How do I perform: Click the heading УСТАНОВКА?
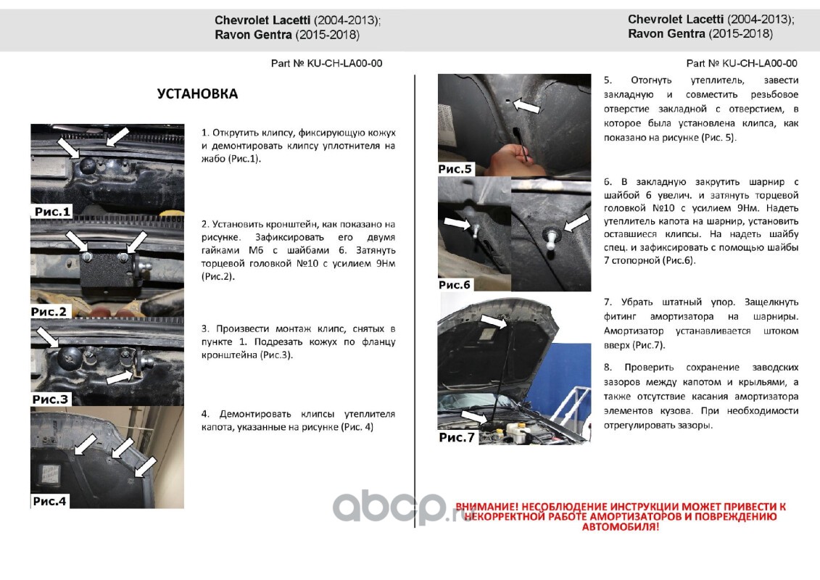197,94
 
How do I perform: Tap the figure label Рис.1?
51,212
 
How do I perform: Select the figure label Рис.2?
49,312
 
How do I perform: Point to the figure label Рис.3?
50,399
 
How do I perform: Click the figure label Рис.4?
50,501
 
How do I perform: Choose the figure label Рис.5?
455,169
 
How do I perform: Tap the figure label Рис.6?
455,285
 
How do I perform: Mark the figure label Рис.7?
457,437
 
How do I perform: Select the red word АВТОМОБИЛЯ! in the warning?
621,526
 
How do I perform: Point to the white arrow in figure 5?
526,105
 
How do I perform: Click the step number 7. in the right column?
608,302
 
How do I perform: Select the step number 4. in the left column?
205,414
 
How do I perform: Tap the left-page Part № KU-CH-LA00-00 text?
326,63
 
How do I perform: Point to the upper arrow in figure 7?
494,321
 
